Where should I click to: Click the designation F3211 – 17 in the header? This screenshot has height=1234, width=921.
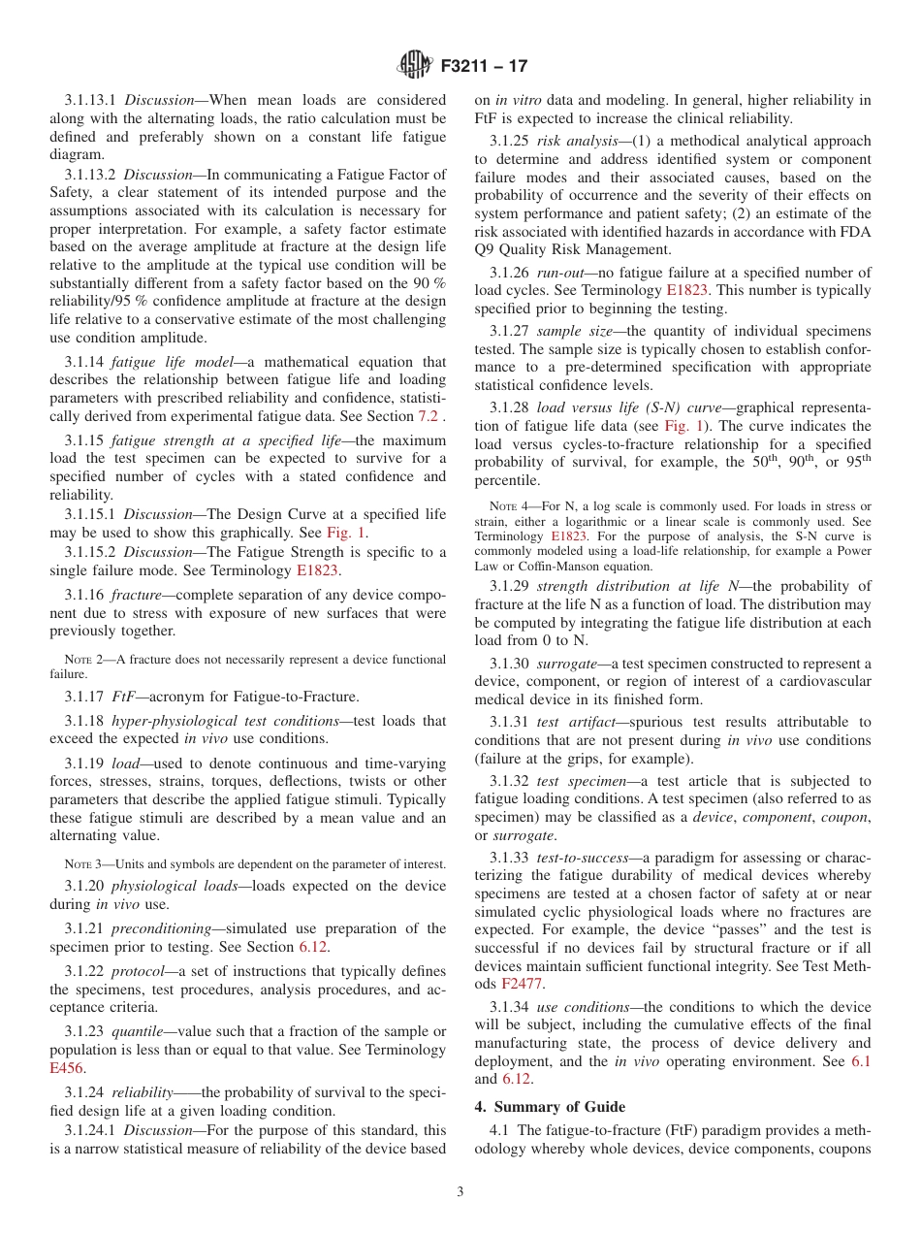(484, 66)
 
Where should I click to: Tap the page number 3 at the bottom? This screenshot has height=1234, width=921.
(460, 1191)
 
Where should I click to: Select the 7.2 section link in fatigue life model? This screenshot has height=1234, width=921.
(428, 415)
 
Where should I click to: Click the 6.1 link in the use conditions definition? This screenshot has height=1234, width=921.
(860, 1061)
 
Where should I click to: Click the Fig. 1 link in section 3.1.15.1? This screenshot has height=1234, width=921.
(345, 532)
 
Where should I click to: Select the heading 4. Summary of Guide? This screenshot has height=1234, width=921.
(550, 1107)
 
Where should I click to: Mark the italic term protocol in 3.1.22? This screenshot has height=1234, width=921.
(138, 971)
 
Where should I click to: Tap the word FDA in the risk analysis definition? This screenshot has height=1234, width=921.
(858, 230)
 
